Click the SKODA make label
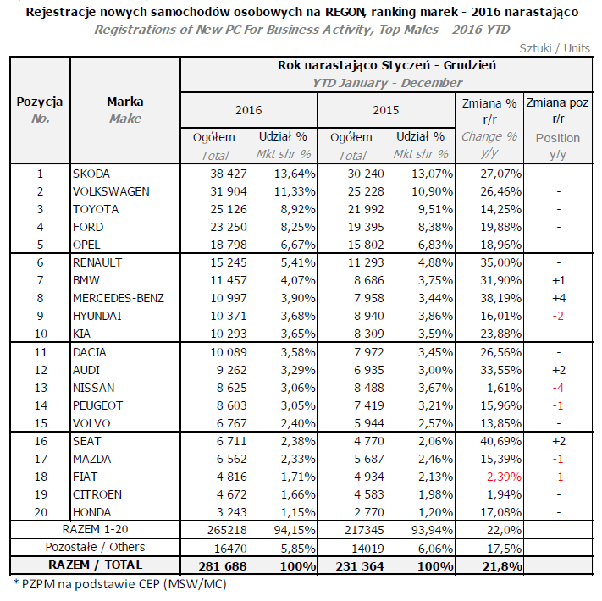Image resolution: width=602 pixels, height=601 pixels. pos(91,174)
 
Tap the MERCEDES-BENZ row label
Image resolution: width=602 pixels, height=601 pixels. pos(118,297)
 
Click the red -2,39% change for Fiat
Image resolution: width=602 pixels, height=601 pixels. pos(498,477)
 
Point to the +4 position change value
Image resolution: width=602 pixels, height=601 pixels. pos(558,297)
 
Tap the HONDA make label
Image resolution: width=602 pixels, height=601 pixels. pos(92,512)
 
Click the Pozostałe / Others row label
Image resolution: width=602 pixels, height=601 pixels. pos(95,548)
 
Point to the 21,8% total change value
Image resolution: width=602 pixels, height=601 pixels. pos(500,565)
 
